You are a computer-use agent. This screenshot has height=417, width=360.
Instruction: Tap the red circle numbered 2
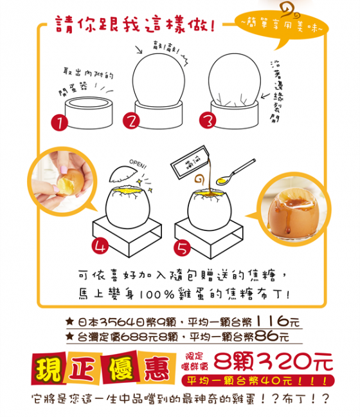click(x=132, y=121)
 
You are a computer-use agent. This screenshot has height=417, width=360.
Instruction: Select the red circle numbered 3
click(x=207, y=121)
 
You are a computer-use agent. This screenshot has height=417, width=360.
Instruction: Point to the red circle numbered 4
click(x=100, y=245)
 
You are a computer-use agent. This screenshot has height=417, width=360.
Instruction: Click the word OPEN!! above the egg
click(x=138, y=162)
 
